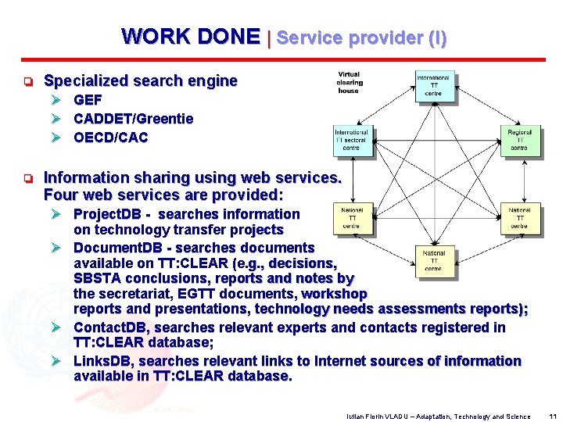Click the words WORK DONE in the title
point(191,37)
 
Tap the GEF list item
point(88,100)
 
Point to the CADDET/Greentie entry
point(133,119)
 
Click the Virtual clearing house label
point(350,82)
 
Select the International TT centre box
point(433,86)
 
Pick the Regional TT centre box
point(518,140)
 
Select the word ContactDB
point(111,327)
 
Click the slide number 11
point(553,417)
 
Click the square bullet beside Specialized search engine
point(27,81)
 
